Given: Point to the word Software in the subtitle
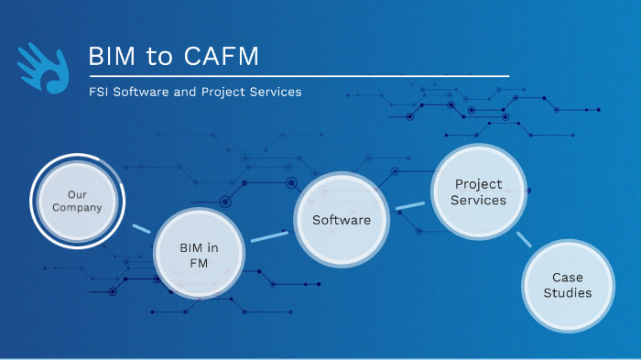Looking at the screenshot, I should coord(147,93).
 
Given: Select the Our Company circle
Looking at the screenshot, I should coord(77,201).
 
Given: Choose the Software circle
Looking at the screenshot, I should coord(342,220).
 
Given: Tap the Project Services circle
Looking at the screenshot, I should coord(480,192).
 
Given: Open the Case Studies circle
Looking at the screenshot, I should coord(568,285).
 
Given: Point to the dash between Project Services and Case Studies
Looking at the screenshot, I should coord(524,240).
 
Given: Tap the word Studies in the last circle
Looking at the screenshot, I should coord(568,293).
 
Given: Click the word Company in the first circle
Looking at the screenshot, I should coord(77,208).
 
